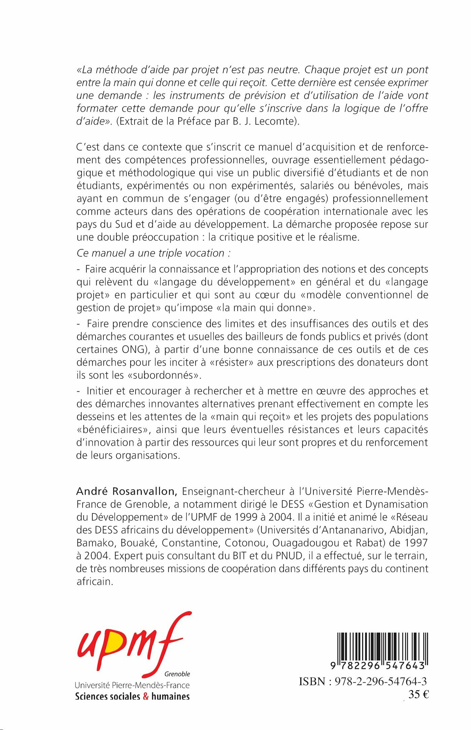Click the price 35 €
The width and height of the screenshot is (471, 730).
419,695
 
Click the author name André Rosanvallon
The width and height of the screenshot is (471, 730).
127,491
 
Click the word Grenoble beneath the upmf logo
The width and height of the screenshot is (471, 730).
177,674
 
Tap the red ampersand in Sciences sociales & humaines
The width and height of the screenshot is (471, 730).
146,696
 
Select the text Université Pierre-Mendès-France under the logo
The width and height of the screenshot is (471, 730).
132,685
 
